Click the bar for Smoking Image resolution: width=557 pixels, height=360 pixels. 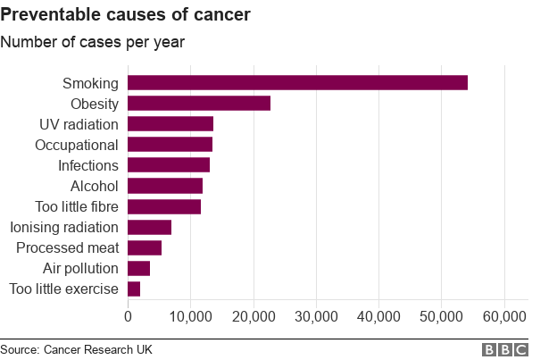[x=297, y=83]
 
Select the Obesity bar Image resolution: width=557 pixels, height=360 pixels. [x=199, y=104]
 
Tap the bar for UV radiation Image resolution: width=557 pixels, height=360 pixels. [x=170, y=124]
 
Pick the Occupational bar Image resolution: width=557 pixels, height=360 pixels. [x=170, y=145]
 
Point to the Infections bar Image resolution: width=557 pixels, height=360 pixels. [x=169, y=165]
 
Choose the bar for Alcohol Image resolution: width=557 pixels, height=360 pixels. [x=165, y=186]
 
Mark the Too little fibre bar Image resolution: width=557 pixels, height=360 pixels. [x=164, y=206]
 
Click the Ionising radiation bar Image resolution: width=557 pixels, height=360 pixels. [x=149, y=227]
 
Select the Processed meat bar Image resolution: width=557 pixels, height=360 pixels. [x=145, y=247]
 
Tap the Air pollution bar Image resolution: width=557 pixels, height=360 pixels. [x=138, y=268]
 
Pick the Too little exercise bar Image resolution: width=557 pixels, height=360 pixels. [x=134, y=289]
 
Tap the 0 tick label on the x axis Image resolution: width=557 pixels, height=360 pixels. [x=128, y=316]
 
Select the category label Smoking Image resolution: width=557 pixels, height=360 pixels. [x=90, y=83]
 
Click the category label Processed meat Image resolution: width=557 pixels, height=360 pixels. [x=67, y=247]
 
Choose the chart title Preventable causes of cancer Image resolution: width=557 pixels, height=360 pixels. [x=125, y=15]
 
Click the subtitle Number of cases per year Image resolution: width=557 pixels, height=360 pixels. [x=92, y=42]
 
